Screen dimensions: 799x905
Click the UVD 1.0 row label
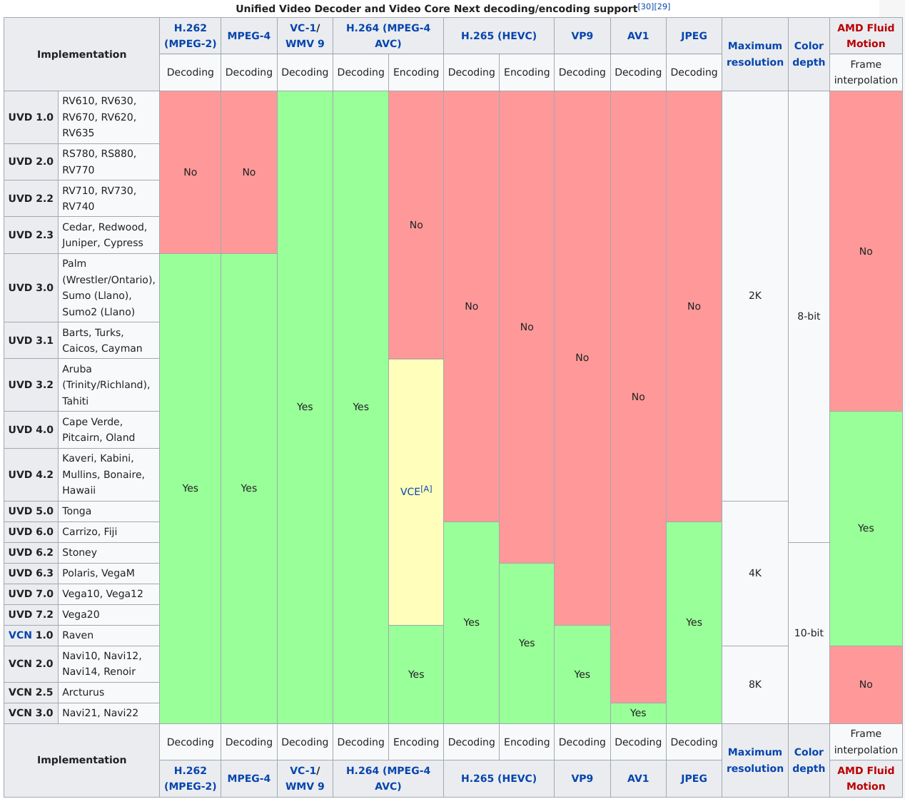tap(31, 117)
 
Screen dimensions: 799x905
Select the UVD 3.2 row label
tap(31, 385)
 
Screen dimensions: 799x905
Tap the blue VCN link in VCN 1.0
tap(20, 635)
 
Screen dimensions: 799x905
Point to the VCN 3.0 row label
tap(31, 713)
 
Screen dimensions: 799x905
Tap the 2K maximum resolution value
tap(755, 295)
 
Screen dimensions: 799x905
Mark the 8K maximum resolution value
tap(755, 684)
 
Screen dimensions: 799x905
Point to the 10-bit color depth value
tap(809, 633)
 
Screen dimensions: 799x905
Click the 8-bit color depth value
tap(809, 316)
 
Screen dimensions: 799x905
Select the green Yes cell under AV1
tap(638, 713)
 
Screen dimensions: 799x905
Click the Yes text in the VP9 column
tap(582, 674)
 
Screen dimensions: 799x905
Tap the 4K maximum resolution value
tap(755, 573)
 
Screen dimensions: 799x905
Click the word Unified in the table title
tap(256, 9)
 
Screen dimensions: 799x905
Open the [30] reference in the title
tap(645, 6)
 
